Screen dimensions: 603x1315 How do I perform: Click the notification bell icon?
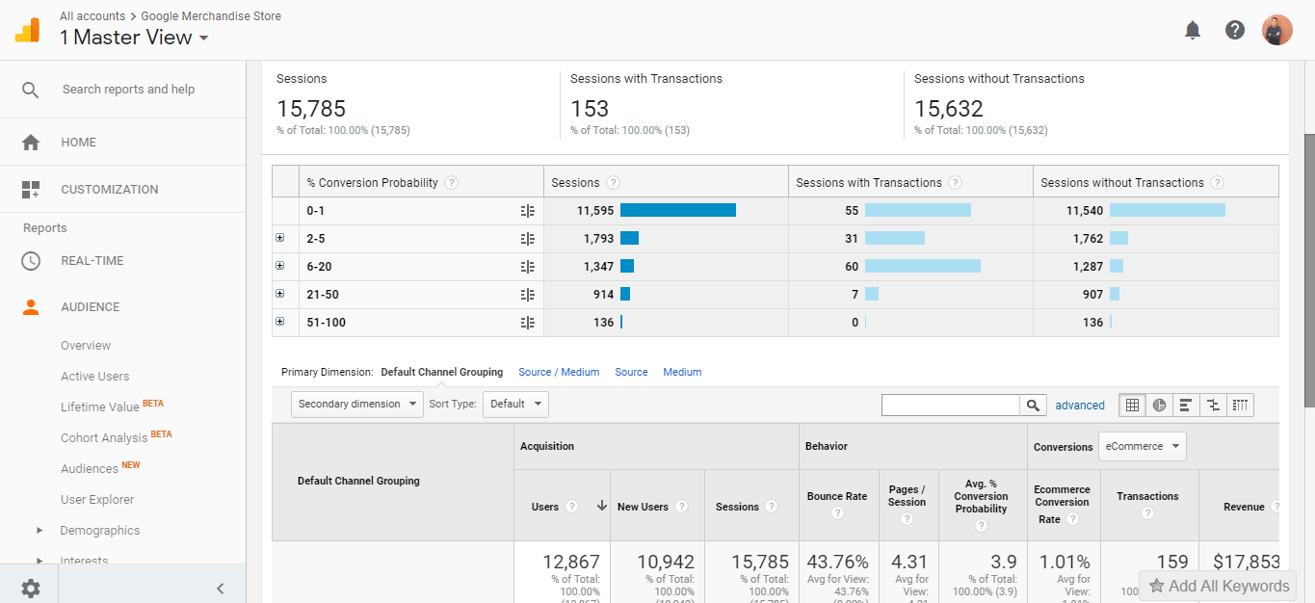pos(1193,30)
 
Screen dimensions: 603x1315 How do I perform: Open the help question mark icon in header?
pos(1235,30)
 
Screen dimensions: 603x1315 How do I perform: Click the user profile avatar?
pos(1277,30)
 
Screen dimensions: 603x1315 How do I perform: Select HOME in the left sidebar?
pos(78,142)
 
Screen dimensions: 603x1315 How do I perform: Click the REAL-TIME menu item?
pos(92,261)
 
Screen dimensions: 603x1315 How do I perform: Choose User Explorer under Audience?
pos(97,499)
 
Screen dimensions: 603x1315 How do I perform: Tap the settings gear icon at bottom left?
pos(31,588)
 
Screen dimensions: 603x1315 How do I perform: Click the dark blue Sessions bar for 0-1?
pos(677,210)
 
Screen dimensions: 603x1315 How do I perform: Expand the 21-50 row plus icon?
pos(280,294)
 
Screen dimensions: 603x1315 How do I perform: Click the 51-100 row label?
pos(327,323)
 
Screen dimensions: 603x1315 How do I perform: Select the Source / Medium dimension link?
pos(559,372)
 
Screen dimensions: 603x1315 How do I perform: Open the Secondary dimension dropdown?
pos(356,405)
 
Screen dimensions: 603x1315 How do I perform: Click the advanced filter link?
pos(1080,406)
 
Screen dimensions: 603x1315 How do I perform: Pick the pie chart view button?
pos(1160,406)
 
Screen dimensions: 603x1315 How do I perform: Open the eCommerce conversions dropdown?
pos(1143,447)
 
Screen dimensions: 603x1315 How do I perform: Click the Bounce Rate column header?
pos(836,497)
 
